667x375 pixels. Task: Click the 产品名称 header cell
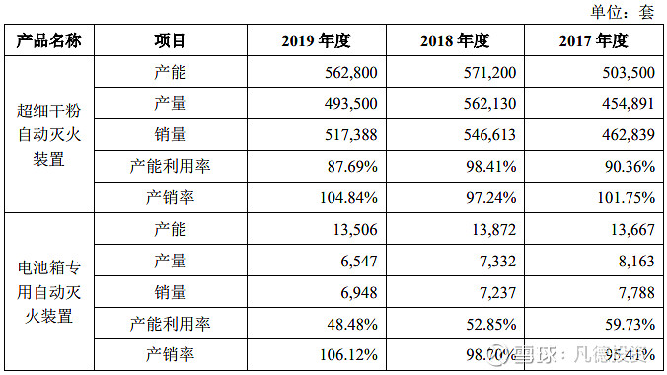(49, 40)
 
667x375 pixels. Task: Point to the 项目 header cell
(170, 40)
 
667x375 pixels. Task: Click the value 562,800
(349, 72)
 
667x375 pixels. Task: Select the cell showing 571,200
(488, 72)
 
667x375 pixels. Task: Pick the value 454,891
(627, 104)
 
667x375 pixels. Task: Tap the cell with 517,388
(349, 135)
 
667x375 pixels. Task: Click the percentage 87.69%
(349, 167)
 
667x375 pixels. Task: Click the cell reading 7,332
(495, 261)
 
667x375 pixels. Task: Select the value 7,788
(633, 292)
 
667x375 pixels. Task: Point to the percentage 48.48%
(349, 324)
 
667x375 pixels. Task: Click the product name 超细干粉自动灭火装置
(49, 134)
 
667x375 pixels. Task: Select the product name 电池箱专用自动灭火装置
(49, 292)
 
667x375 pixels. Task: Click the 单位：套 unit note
(622, 12)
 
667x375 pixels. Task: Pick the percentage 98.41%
(488, 167)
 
